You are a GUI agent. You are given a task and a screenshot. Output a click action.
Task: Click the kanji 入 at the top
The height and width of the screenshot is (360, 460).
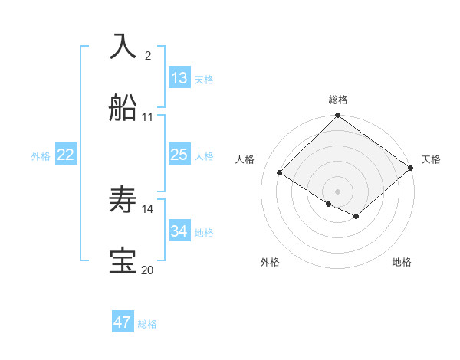pos(123,46)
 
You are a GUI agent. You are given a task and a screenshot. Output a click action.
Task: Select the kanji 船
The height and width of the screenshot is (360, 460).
pos(123,109)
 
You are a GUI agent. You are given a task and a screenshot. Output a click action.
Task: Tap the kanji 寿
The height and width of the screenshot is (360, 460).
pos(123,201)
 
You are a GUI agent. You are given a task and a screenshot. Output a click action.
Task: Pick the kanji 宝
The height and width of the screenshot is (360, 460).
pos(123,261)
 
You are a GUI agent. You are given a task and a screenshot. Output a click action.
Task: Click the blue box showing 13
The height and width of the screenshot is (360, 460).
pos(179,78)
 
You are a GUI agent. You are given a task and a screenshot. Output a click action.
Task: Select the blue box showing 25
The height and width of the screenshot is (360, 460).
pos(179,155)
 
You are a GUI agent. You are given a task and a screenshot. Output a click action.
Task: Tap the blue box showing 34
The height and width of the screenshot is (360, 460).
pos(179,231)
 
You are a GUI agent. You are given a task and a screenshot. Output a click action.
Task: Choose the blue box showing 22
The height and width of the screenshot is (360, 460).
pos(66,155)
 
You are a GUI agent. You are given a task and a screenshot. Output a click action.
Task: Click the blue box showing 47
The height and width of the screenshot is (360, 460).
pos(123,322)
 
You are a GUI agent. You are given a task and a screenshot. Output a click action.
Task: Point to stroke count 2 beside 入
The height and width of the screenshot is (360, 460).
pos(148,55)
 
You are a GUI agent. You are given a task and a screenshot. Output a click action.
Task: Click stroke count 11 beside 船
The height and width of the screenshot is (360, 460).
pos(148,117)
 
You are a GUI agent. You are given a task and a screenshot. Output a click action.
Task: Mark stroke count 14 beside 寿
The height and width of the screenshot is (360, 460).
pos(148,208)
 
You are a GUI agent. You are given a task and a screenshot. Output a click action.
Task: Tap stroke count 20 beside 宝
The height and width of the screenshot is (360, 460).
pos(147,270)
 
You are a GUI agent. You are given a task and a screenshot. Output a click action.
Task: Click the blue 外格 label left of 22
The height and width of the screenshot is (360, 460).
pos(41,156)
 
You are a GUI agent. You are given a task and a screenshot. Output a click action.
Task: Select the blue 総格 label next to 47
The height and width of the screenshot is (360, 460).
pos(147,324)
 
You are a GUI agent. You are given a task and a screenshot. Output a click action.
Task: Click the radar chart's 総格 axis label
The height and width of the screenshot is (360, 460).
pos(338,100)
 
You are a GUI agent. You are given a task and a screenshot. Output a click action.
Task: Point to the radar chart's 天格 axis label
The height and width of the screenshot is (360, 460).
pos(431,159)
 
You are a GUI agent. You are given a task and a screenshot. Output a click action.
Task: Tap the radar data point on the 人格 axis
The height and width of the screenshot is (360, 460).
pos(280,173)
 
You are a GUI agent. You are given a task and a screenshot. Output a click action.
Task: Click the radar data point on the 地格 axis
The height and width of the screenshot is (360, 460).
pos(356,217)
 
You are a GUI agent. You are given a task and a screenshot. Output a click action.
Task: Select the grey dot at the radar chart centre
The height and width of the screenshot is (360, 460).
pos(338,191)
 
